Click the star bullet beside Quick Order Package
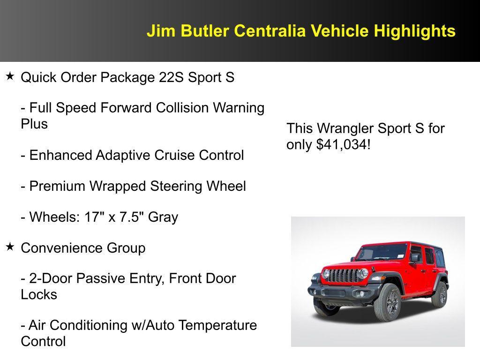click(x=10, y=76)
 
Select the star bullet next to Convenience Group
click(x=10, y=247)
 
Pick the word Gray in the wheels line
click(x=163, y=217)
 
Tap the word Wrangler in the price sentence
click(x=346, y=128)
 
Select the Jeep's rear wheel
click(x=440, y=294)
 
